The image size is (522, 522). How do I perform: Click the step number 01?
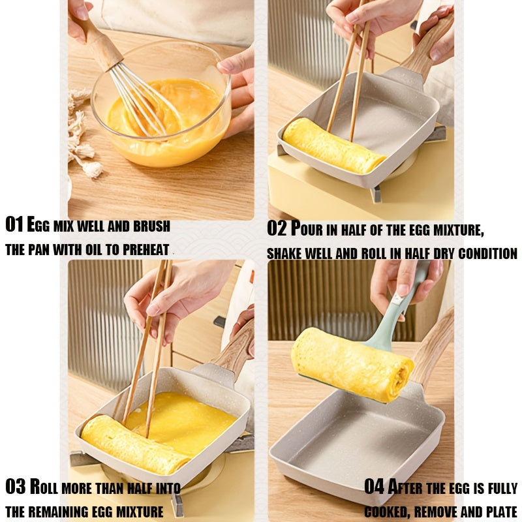tap(14, 225)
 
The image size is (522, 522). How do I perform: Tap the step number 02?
tap(277, 229)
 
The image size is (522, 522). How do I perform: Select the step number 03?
tap(15, 487)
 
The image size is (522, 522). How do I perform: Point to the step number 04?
tap(375, 487)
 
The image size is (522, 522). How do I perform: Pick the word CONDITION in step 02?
tap(480, 253)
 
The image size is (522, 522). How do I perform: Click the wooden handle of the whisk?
tap(102, 46)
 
